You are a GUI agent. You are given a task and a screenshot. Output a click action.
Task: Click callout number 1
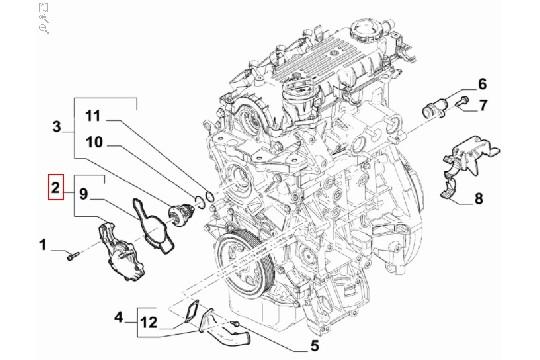click(x=42, y=244)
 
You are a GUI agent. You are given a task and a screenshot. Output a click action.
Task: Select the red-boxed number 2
click(x=58, y=186)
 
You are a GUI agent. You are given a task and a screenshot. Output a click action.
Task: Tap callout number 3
click(x=57, y=126)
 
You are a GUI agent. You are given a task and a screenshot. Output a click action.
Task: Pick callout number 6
click(x=481, y=83)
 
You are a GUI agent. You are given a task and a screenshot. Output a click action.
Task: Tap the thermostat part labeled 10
click(x=182, y=212)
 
